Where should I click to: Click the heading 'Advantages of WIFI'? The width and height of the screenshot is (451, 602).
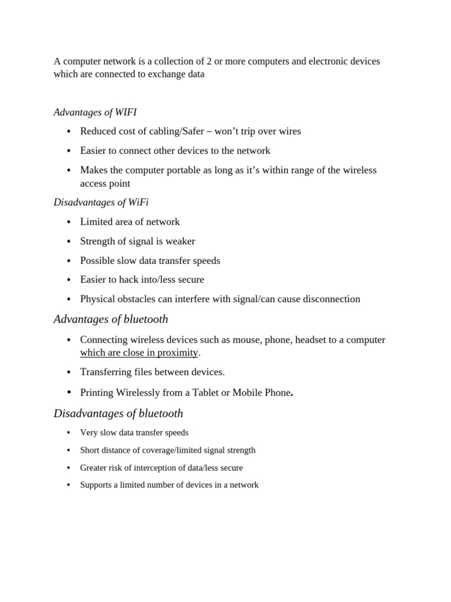pyautogui.click(x=95, y=112)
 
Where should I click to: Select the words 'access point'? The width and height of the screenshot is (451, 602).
pyautogui.click(x=105, y=183)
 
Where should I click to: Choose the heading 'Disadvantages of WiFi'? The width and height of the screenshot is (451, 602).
pyautogui.click(x=101, y=202)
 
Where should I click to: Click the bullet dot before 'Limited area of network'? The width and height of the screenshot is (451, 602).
pyautogui.click(x=69, y=222)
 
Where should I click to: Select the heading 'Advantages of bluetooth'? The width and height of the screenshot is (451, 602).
pyautogui.click(x=111, y=319)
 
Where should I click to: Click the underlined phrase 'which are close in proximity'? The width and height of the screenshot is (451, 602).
pyautogui.click(x=139, y=353)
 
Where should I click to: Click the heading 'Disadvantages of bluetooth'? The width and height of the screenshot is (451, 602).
pyautogui.click(x=119, y=413)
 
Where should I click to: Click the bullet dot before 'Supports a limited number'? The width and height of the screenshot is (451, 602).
pyautogui.click(x=69, y=486)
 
